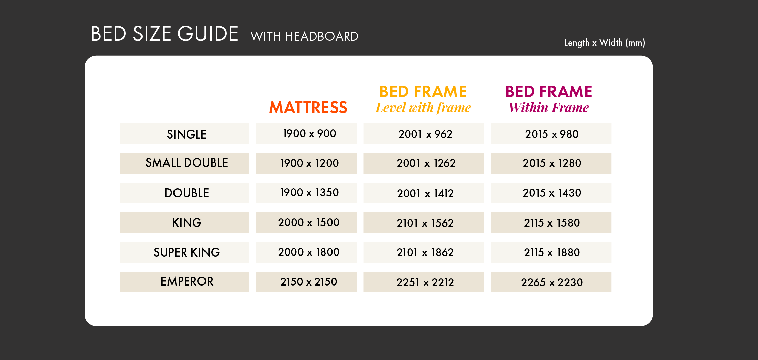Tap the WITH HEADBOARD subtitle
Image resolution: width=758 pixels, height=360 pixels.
[305, 36]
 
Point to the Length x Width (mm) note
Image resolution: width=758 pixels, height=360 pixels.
[605, 43]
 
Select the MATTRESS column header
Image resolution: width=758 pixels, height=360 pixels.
[308, 108]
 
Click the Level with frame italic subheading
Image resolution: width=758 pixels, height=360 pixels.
[423, 108]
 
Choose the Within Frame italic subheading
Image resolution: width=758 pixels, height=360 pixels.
[549, 108]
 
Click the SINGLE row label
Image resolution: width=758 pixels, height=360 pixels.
[187, 134]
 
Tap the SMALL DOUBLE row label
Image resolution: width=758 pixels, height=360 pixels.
[187, 163]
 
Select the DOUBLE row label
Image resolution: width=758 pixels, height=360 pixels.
[187, 193]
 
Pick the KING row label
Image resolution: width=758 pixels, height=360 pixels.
[187, 222]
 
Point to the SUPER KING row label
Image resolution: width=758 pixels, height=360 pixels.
[187, 252]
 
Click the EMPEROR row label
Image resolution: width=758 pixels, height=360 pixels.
[187, 281]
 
